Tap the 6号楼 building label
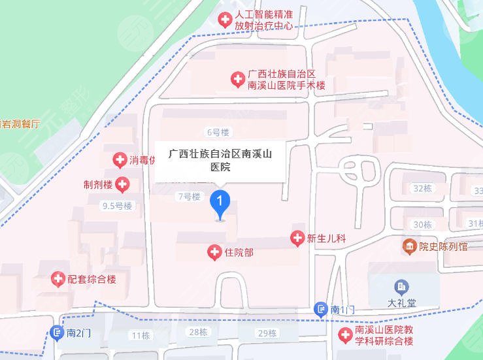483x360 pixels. click(218, 132)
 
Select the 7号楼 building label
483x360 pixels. click(188, 196)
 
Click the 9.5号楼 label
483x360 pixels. click(117, 206)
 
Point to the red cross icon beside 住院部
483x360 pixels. click(214, 252)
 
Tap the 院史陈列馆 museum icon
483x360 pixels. click(409, 247)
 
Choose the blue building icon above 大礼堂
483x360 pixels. click(401, 286)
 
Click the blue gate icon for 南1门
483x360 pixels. click(320, 309)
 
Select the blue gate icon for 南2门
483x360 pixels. click(57, 333)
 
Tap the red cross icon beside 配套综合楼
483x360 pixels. click(58, 279)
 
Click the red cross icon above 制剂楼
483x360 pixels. click(120, 159)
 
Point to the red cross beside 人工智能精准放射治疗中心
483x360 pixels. click(225, 20)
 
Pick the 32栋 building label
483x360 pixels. click(423, 188)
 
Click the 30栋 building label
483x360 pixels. click(422, 224)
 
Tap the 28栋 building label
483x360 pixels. click(198, 332)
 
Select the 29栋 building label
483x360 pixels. click(267, 333)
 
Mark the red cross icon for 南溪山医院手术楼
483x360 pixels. click(238, 80)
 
